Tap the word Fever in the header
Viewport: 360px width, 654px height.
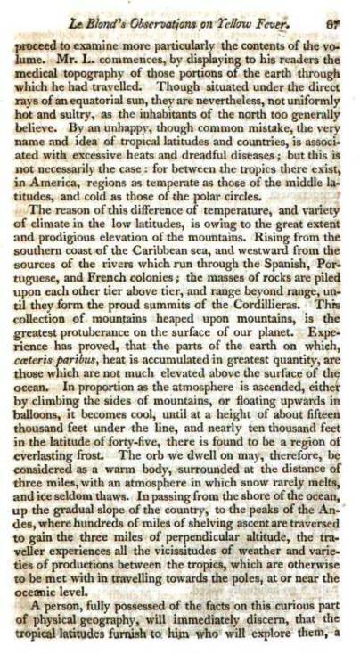(294, 12)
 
